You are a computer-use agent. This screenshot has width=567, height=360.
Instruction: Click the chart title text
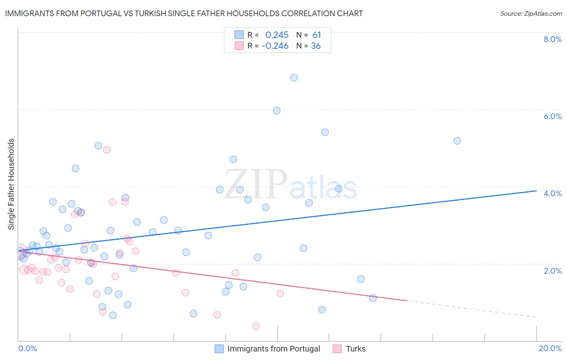pos(184,13)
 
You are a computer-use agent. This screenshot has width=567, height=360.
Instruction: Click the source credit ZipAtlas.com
pos(531,13)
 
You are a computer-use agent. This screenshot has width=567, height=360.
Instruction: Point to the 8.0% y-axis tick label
pos(552,39)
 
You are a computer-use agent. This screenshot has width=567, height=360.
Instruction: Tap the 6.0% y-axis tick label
pos(552,116)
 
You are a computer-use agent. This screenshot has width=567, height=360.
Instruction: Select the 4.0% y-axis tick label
pos(552,193)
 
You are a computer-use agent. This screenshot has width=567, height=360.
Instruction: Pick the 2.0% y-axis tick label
pos(552,271)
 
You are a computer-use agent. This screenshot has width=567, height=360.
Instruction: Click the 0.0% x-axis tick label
pos(27,348)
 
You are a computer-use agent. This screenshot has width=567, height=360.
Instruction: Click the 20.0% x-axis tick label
pos(550,348)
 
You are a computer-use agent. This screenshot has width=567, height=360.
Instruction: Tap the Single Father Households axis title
pos(11,184)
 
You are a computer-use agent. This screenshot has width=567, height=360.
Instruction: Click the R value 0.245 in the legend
pos(277,35)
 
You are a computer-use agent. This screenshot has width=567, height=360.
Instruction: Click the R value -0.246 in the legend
pos(275,46)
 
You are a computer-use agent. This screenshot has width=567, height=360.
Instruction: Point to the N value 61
pos(317,35)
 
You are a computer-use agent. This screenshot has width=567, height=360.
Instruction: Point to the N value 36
pos(316,46)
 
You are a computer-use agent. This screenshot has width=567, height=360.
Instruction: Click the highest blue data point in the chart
pos(294,77)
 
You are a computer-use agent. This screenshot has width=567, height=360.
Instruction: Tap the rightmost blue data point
pos(457,141)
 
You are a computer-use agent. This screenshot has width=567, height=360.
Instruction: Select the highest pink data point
pos(107,150)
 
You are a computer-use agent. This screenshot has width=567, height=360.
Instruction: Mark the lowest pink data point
pos(256,326)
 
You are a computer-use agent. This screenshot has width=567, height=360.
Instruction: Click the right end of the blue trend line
pos(536,190)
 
